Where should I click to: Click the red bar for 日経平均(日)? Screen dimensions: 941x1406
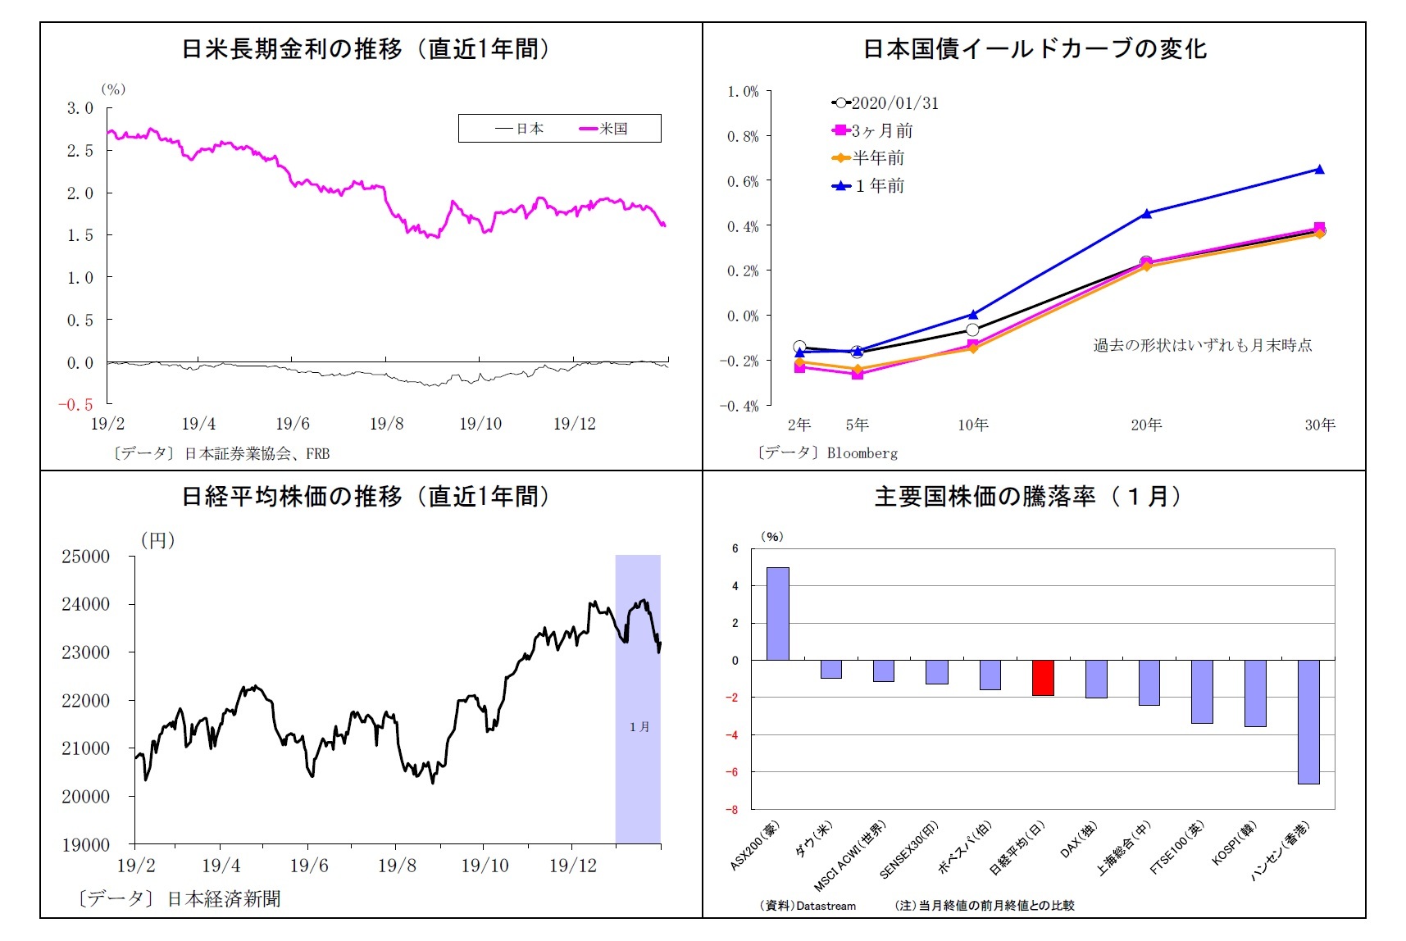click(1042, 678)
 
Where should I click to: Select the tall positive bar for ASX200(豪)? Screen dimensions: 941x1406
click(777, 613)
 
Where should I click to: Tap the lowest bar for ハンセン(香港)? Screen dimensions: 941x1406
click(1308, 721)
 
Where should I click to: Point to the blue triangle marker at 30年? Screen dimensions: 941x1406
click(1319, 170)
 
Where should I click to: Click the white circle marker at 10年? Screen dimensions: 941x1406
click(972, 330)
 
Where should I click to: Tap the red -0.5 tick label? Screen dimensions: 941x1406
click(75, 405)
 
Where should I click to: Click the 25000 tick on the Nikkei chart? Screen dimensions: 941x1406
click(85, 557)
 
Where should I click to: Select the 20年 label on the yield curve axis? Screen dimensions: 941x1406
click(1146, 425)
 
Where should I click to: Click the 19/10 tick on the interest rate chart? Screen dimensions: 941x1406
click(480, 424)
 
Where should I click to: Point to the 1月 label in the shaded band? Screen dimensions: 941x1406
click(639, 726)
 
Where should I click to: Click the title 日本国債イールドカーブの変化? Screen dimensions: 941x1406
click(1035, 49)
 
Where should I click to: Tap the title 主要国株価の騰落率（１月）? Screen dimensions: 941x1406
click(1028, 497)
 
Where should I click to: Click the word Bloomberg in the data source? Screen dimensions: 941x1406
click(862, 453)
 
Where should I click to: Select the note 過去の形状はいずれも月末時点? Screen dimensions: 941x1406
click(1202, 345)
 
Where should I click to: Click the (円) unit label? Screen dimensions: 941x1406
click(157, 540)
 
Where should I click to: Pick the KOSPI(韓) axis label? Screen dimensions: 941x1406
click(1234, 843)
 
